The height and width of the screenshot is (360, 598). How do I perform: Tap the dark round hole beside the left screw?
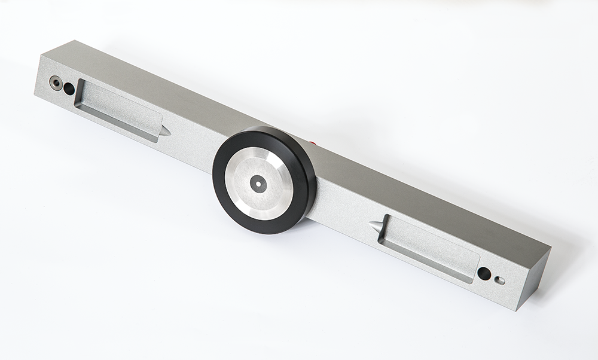pyautogui.click(x=69, y=89)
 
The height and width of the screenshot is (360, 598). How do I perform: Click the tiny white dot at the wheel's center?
pyautogui.click(x=258, y=184)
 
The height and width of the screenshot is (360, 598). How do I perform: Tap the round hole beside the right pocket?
pyautogui.click(x=484, y=274)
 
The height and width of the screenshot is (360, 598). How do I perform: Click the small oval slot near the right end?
pyautogui.click(x=500, y=280)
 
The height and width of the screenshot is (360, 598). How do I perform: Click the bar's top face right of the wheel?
pyautogui.click(x=419, y=191)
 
